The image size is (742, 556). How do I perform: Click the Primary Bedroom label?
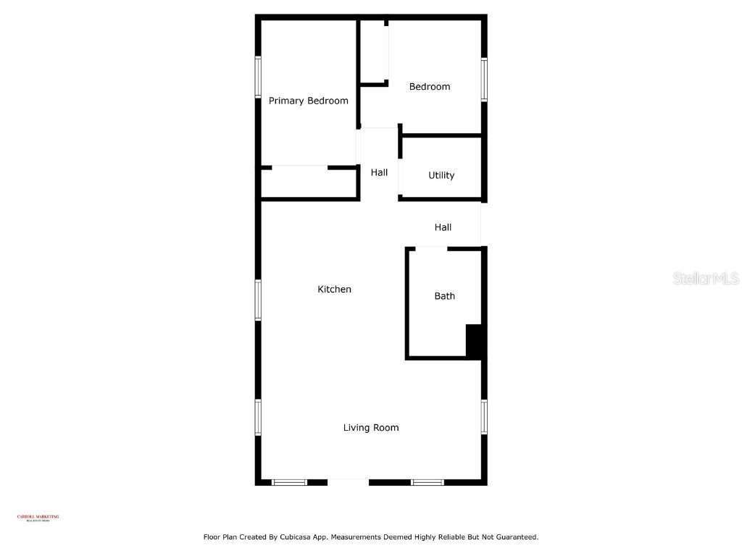308,101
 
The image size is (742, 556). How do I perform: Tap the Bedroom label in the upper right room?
430,87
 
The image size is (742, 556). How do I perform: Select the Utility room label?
441,175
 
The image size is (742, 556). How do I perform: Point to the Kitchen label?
334,290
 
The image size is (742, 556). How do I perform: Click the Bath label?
444,296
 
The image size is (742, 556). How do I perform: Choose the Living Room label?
370,428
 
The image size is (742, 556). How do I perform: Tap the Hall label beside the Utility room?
379,172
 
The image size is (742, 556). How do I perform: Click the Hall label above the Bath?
443,227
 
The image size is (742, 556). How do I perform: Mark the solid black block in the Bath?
474,340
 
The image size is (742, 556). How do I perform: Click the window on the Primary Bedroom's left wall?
257,77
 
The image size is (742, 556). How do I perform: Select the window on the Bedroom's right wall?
484,80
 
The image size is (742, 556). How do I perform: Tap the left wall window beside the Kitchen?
257,300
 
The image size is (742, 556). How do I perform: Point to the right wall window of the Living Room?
484,417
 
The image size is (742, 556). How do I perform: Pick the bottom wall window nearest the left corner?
290,482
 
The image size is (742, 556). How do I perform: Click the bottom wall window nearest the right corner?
428,482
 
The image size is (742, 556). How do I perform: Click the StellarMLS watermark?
705,278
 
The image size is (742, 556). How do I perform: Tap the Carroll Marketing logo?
38,518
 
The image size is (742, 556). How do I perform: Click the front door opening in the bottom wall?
349,481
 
